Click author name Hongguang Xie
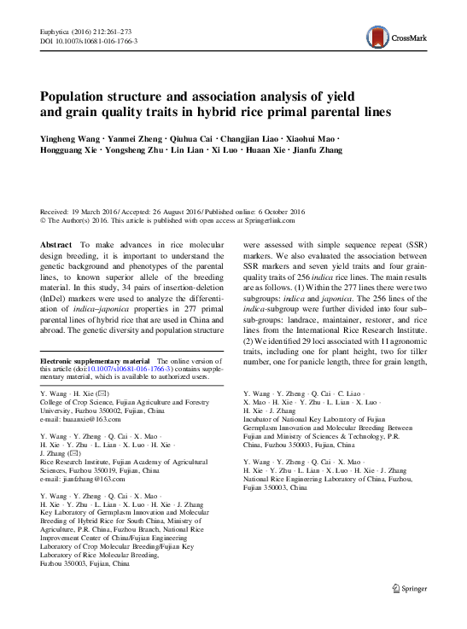point(69,150)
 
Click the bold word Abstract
point(56,244)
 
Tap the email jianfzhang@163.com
point(87,480)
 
